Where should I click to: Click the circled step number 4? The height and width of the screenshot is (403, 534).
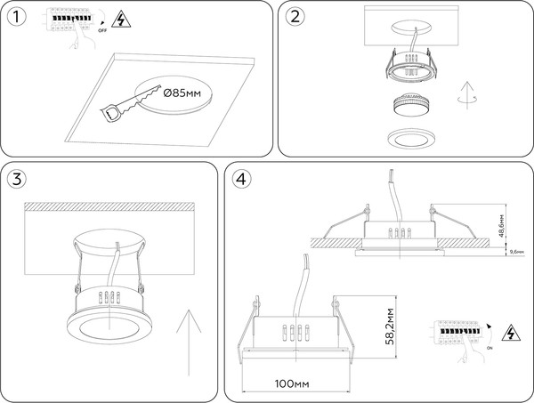240,179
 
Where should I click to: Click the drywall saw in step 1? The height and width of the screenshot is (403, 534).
125,102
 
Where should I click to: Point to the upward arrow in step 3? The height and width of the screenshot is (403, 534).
186,341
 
